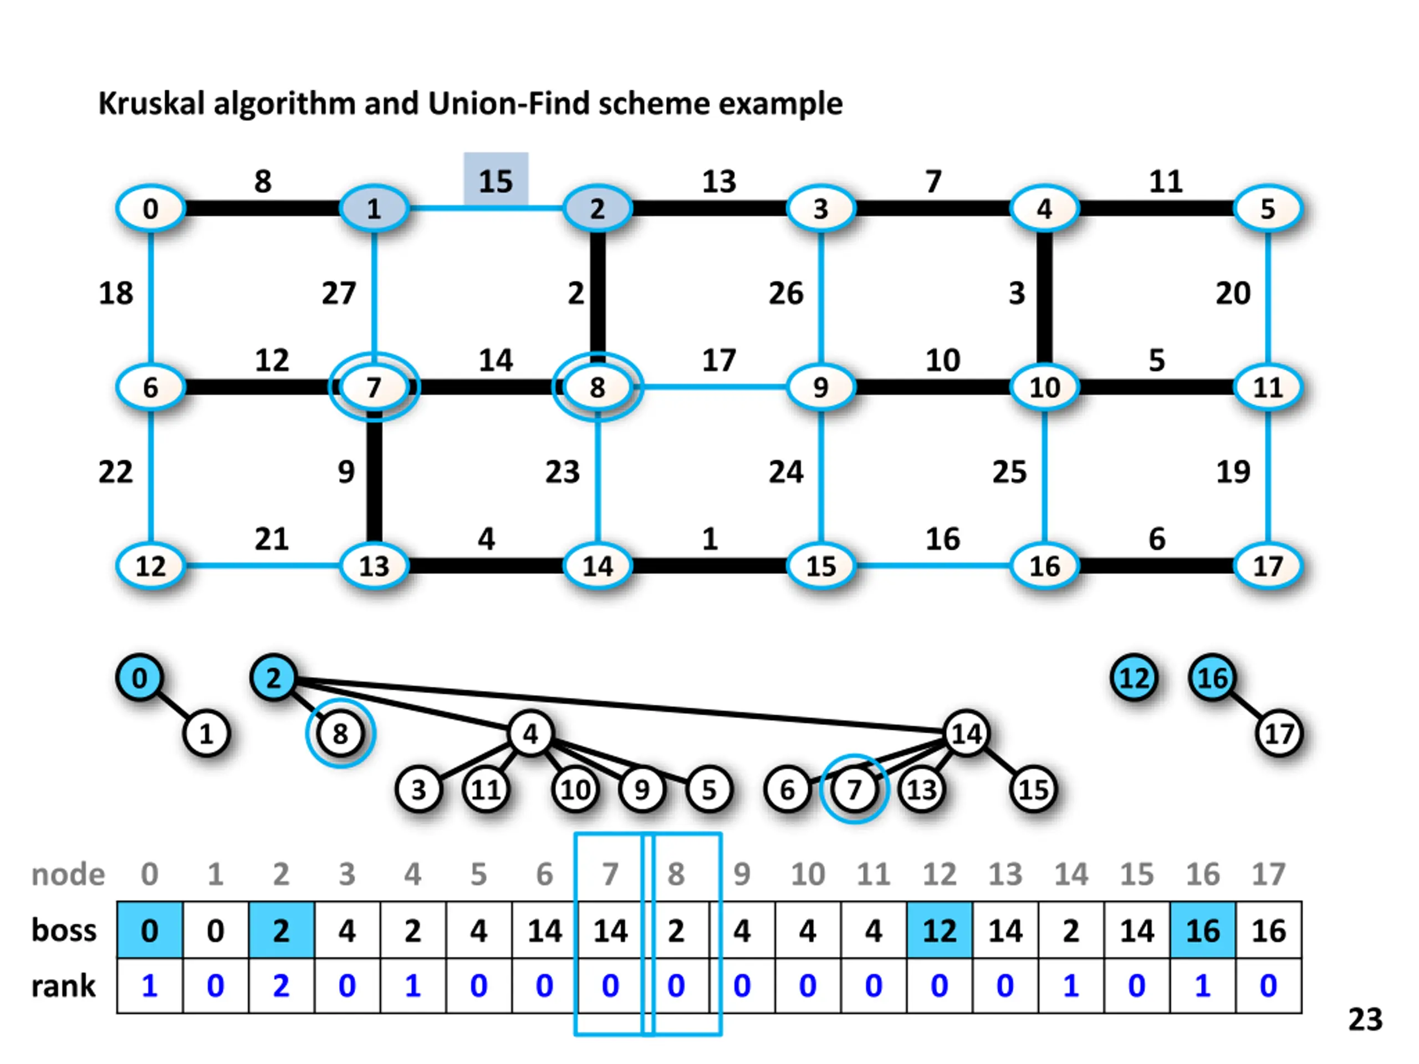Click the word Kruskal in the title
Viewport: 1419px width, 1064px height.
[x=152, y=104]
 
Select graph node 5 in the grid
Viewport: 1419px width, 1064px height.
[x=1268, y=208]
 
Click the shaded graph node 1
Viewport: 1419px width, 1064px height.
[x=374, y=208]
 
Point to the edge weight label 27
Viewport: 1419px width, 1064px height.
[x=339, y=294]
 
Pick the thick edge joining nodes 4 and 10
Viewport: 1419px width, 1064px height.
[x=1044, y=298]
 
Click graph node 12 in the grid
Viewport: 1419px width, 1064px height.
[x=151, y=566]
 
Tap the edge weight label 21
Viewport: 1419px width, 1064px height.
[x=272, y=539]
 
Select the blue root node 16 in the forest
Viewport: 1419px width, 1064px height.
[x=1212, y=678]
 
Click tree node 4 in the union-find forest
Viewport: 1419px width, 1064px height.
[x=530, y=734]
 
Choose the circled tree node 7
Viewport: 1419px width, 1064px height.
[x=854, y=790]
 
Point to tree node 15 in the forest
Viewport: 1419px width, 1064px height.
[x=1033, y=790]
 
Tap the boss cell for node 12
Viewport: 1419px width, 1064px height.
[x=939, y=930]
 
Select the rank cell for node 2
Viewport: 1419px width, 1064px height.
[x=281, y=986]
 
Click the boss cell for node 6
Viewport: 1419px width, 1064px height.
[x=544, y=930]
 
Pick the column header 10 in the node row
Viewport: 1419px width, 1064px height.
[x=807, y=874]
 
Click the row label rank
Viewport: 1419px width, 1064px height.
[x=64, y=986]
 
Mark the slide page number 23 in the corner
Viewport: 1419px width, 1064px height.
[x=1365, y=1020]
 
